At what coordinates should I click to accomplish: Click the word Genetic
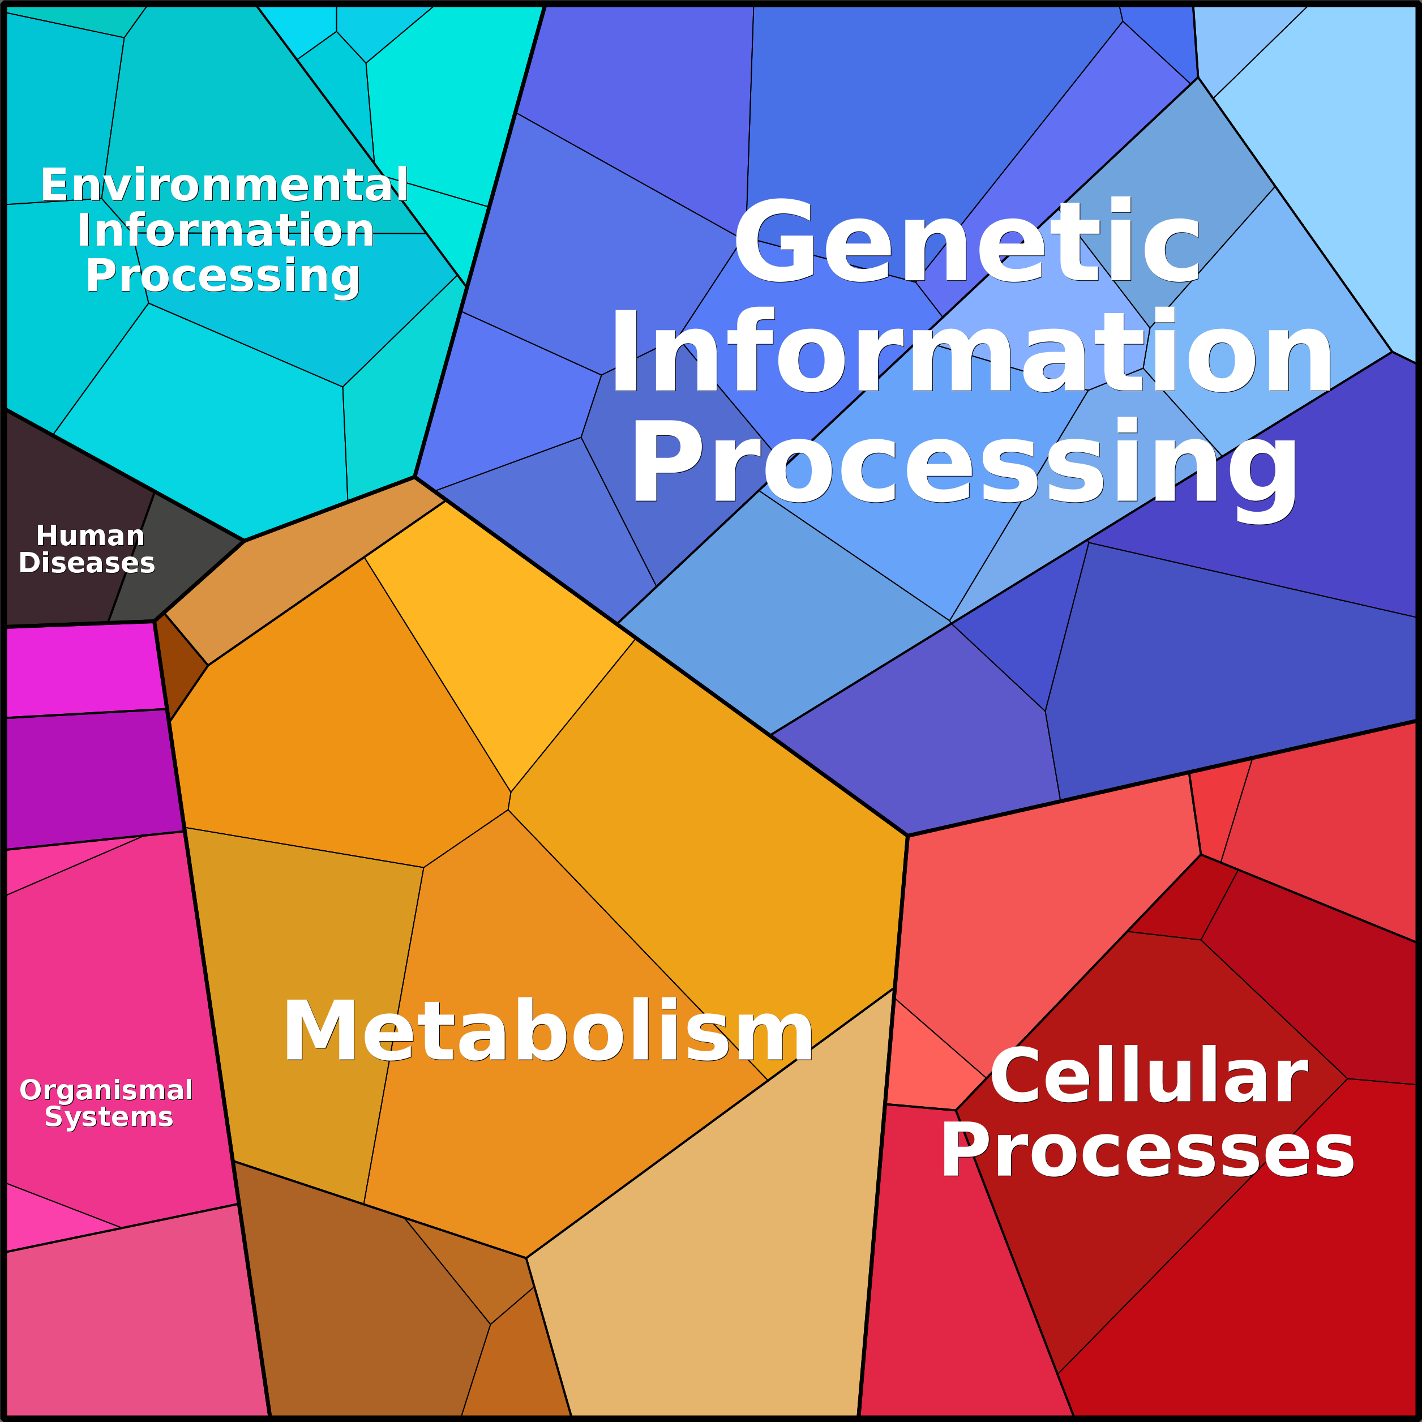[967, 241]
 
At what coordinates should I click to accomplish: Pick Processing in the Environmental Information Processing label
[223, 277]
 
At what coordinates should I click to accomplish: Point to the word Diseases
[87, 563]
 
